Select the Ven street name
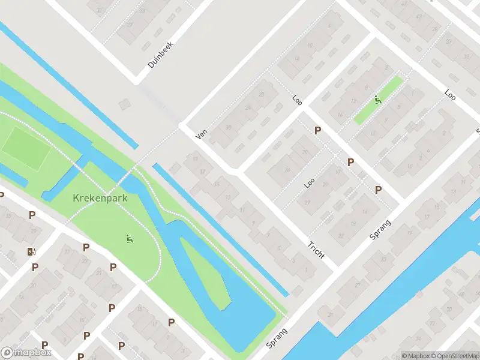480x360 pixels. coord(201,136)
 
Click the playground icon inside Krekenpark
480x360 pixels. coord(129,239)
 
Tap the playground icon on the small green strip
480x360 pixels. coord(378,100)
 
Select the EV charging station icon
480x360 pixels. coord(31,251)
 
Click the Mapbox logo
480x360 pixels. coord(26,353)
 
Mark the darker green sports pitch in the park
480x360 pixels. coord(25,148)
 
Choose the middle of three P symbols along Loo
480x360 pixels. coord(350,162)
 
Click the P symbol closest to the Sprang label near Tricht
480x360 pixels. coord(378,190)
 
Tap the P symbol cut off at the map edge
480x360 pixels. coord(2,195)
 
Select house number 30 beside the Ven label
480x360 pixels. coord(228,127)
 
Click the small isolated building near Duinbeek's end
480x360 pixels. coord(124,104)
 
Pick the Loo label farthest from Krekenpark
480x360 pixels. coord(450,94)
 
